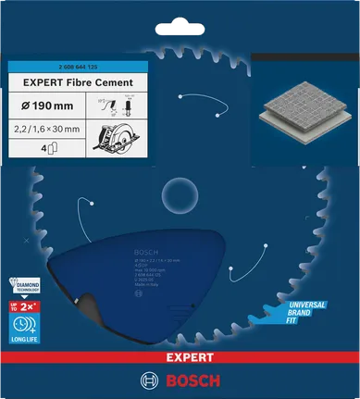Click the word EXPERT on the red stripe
click(x=180, y=356)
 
